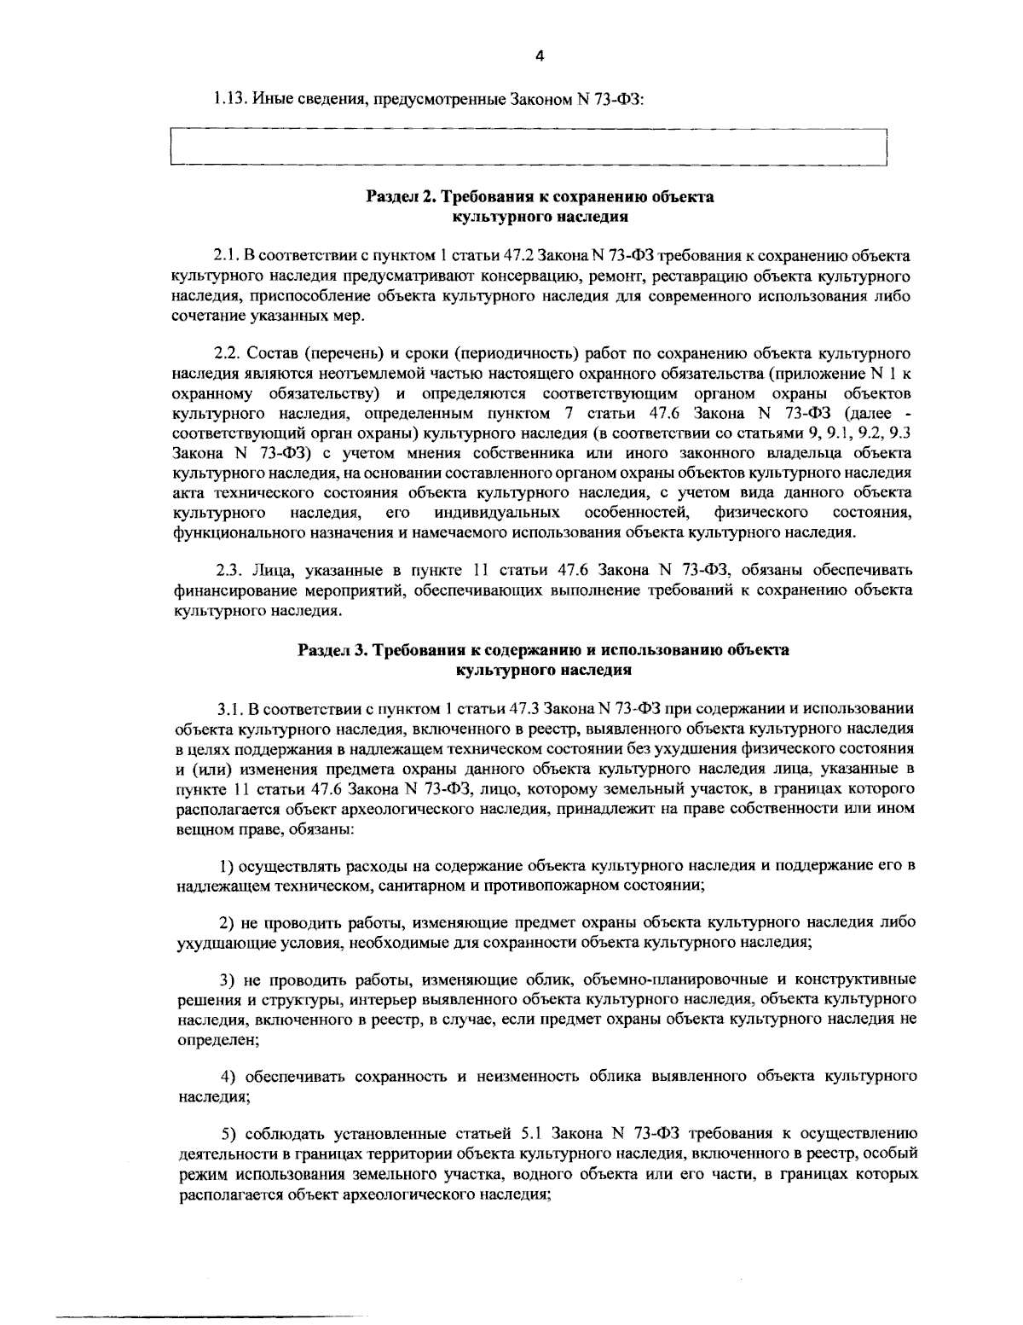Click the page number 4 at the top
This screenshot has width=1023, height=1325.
[538, 56]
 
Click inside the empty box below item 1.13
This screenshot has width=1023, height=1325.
[529, 148]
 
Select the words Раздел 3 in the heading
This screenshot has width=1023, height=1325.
[330, 650]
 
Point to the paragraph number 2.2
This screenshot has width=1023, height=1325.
[228, 352]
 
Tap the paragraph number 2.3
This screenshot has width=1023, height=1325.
[228, 569]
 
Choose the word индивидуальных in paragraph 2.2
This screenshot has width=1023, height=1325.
[497, 513]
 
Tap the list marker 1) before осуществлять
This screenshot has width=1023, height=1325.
[228, 865]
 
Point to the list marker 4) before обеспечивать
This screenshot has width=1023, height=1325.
[228, 1076]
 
